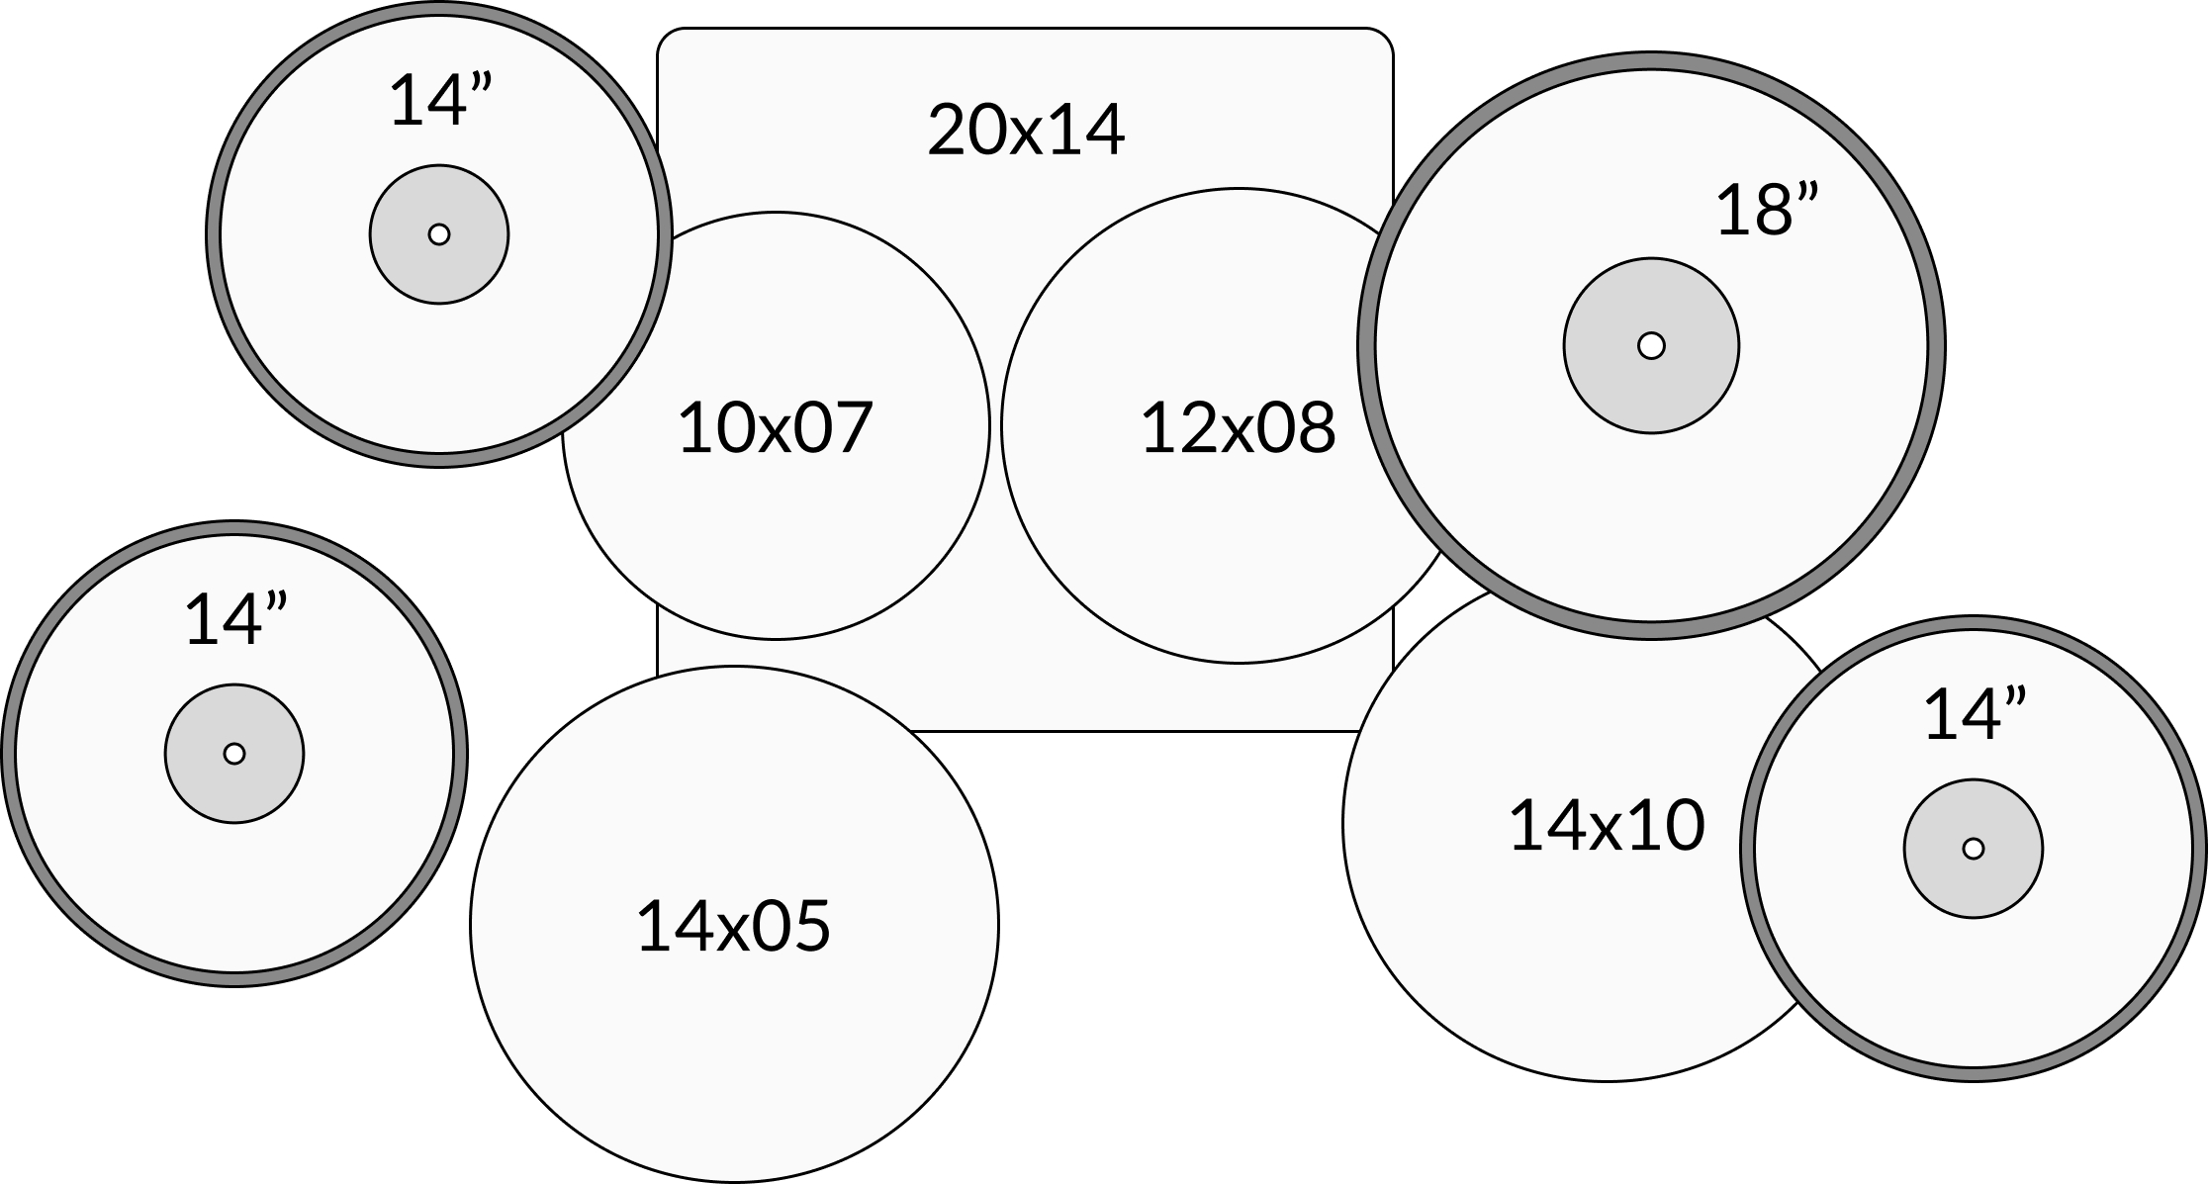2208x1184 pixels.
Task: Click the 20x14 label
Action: point(1026,130)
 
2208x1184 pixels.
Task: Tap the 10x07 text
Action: point(776,427)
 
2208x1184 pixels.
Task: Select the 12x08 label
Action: point(1239,427)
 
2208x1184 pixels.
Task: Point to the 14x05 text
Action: point(733,927)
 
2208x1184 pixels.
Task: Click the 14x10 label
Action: point(1608,826)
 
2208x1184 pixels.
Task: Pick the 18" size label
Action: point(1767,210)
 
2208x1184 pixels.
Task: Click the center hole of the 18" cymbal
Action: point(1651,346)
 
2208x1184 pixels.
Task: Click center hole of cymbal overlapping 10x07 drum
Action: point(439,234)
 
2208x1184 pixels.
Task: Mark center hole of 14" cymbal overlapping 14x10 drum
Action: point(1974,849)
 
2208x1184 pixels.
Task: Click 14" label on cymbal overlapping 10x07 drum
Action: point(440,100)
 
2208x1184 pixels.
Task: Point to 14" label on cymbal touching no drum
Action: point(235,620)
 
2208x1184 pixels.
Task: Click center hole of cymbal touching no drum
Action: point(234,754)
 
